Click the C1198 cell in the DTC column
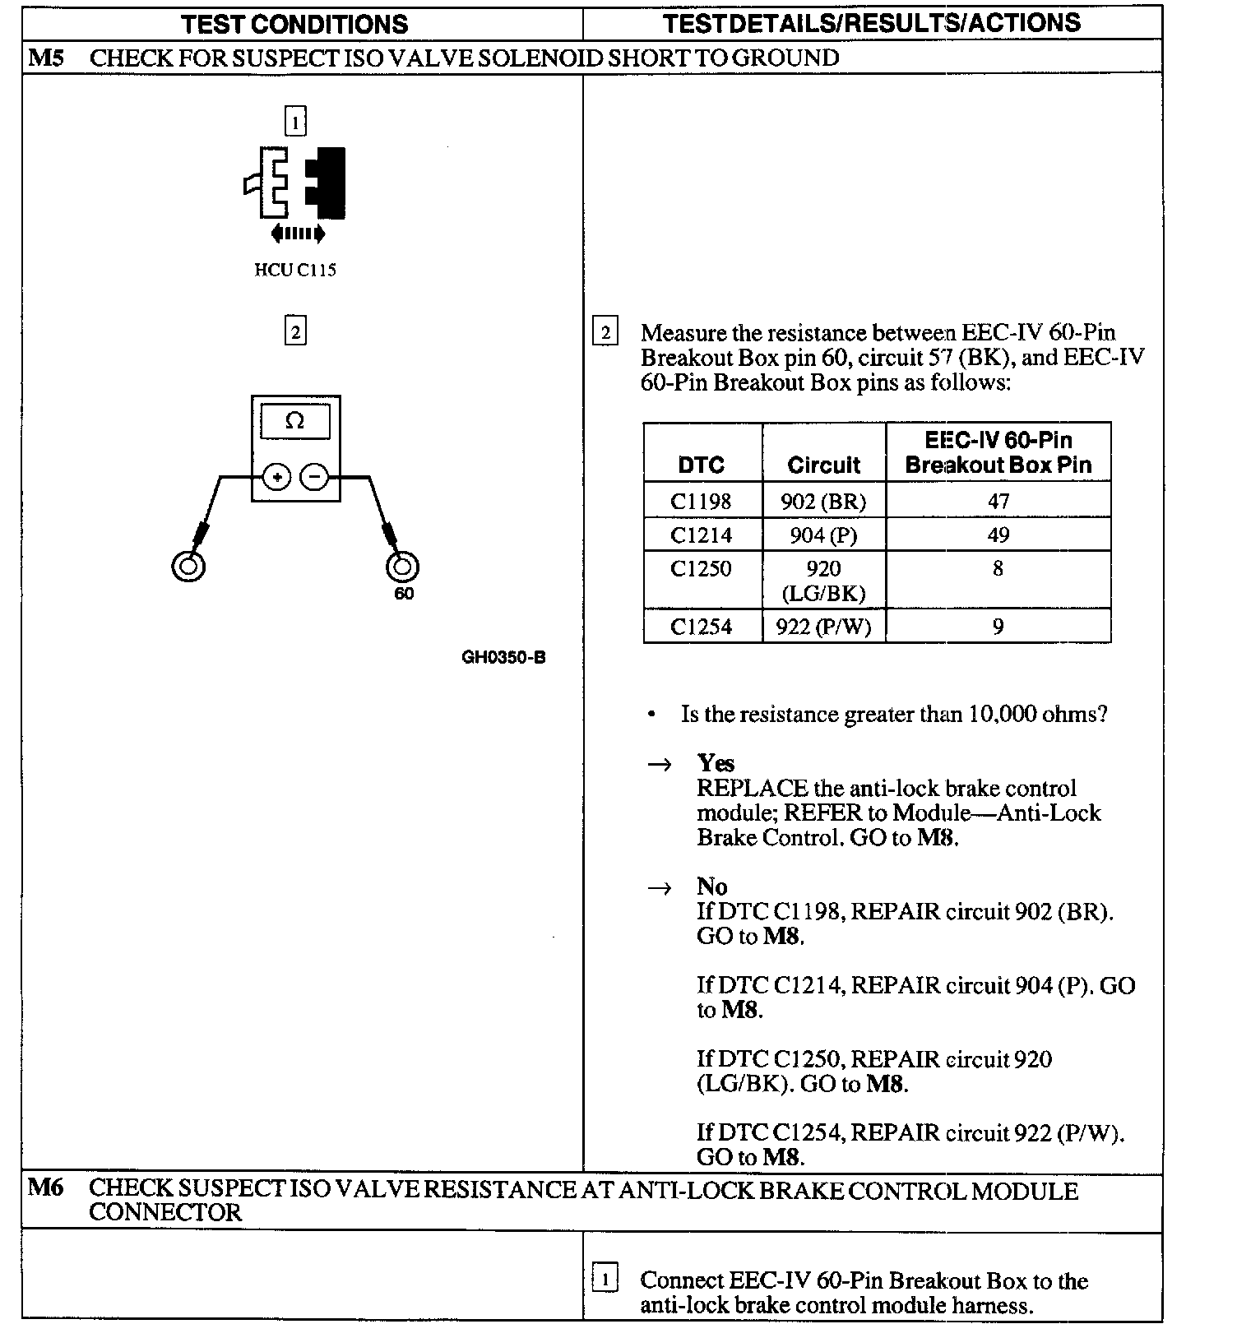(701, 501)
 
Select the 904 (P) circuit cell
(823, 535)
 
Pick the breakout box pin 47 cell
(998, 501)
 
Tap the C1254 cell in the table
(701, 627)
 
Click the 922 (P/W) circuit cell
(823, 627)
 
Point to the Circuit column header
(823, 465)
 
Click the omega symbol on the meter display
(294, 421)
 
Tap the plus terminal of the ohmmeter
(277, 477)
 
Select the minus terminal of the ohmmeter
(313, 477)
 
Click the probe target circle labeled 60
(402, 567)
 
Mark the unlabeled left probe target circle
(188, 566)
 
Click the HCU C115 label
(294, 271)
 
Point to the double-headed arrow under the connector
(298, 234)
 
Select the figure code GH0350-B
(503, 657)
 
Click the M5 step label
(46, 58)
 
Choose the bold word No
(711, 886)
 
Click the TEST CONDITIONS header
(294, 24)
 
